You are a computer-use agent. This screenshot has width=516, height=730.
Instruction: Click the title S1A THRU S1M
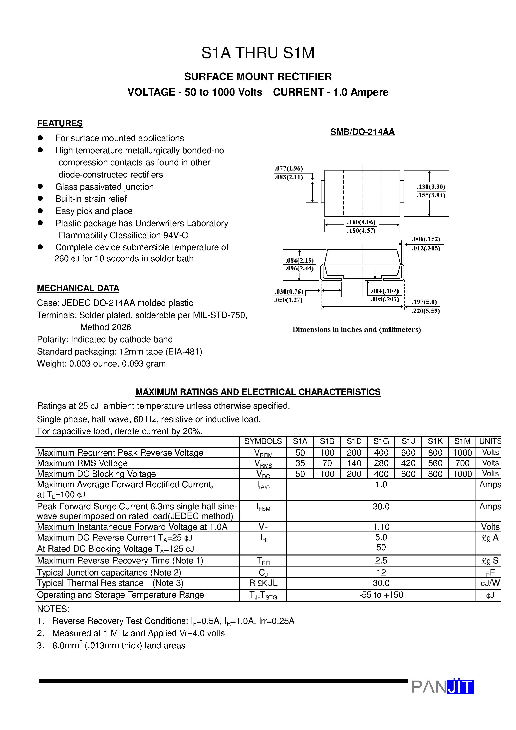click(258, 53)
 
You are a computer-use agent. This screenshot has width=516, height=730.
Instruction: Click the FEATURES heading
click(60, 123)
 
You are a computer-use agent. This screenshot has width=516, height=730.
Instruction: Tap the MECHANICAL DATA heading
click(78, 288)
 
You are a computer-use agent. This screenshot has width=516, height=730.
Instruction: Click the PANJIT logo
click(443, 687)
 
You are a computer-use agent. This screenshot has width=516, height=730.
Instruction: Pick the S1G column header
click(381, 441)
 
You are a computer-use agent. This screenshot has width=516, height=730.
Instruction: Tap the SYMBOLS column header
click(263, 441)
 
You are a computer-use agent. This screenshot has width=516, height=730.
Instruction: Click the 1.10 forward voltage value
click(381, 527)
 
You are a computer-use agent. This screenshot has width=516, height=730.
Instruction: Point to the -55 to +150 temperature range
click(381, 595)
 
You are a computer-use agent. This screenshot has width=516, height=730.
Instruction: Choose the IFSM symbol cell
click(263, 508)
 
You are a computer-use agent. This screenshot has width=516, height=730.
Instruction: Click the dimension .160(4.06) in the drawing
click(361, 222)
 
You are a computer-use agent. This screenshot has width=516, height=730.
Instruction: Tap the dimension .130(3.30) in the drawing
click(431, 187)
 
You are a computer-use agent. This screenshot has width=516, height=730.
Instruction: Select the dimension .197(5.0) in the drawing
click(424, 302)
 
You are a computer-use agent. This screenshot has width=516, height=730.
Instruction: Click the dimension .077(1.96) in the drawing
click(288, 168)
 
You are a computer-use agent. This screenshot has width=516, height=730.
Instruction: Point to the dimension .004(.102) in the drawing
click(384, 291)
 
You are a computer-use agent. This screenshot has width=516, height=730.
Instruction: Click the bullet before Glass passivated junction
click(40, 186)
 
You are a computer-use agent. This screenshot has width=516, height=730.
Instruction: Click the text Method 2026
click(106, 327)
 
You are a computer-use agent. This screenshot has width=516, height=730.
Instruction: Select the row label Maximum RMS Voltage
click(82, 463)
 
